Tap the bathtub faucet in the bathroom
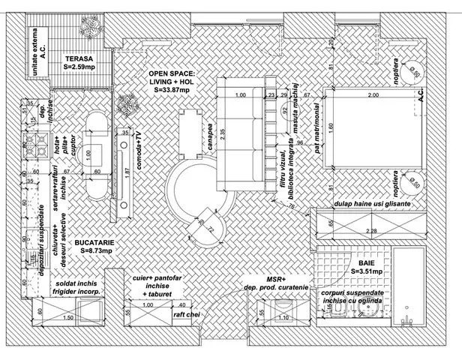406,321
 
